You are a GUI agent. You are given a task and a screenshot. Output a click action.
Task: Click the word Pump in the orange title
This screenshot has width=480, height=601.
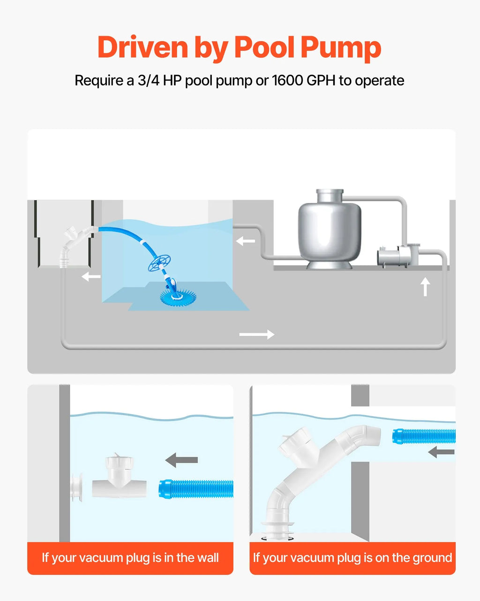[x=341, y=48]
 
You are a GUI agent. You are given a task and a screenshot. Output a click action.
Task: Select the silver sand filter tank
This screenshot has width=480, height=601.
[x=330, y=229]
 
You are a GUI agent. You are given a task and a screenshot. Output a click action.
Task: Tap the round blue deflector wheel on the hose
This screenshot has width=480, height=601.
[x=159, y=262]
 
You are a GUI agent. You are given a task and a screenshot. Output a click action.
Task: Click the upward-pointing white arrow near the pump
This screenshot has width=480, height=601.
[x=425, y=286]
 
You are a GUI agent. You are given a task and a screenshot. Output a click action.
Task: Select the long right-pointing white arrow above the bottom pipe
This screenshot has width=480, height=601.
[x=257, y=334]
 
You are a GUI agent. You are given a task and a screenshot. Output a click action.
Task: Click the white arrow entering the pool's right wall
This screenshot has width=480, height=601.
[x=246, y=241]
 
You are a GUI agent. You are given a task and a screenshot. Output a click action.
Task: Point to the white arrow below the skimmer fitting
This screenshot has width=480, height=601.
[x=91, y=277]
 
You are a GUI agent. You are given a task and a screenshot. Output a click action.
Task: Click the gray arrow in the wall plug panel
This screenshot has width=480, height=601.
[x=181, y=460]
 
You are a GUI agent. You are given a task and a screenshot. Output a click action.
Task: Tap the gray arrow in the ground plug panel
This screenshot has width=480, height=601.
[x=441, y=452]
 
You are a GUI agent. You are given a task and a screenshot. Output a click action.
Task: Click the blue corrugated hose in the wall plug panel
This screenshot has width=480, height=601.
[x=196, y=488]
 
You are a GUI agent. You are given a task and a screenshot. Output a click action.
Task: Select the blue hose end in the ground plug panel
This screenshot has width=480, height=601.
[x=424, y=436]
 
